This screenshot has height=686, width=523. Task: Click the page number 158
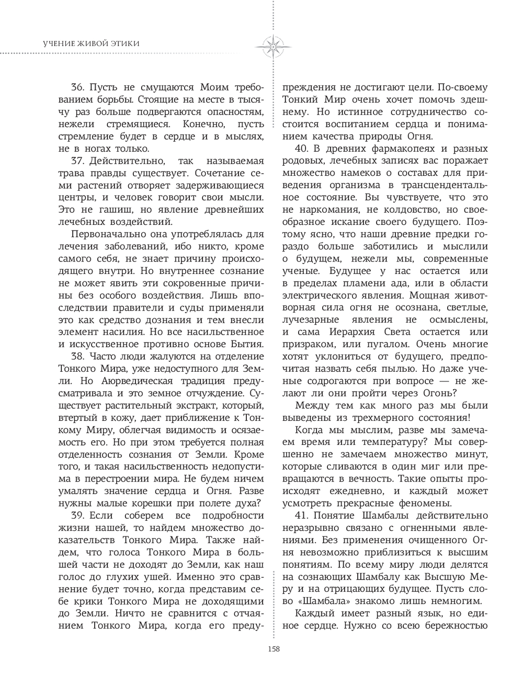(x=274, y=649)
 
